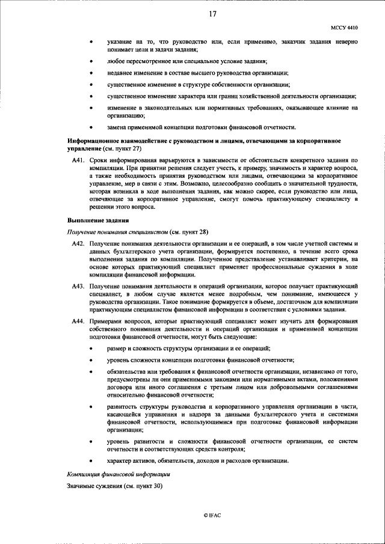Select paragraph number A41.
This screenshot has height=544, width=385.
[x=78, y=160]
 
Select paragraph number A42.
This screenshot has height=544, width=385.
[x=78, y=241]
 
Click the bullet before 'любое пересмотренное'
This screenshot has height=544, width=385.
[x=91, y=62]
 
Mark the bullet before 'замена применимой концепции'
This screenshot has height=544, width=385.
[x=91, y=127]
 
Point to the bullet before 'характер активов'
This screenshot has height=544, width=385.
[x=91, y=461]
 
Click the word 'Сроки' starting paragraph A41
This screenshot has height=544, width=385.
[x=98, y=160]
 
